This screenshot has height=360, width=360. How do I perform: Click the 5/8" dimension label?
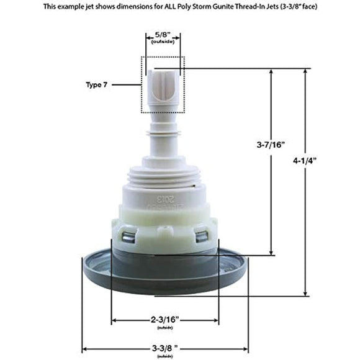[164, 36]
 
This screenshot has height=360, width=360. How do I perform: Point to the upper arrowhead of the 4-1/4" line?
[305, 71]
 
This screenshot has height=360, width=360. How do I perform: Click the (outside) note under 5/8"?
[164, 43]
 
